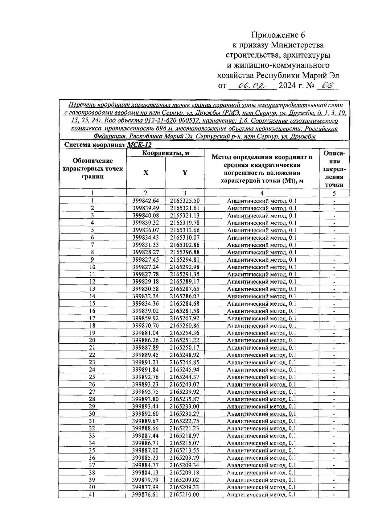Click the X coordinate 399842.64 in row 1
coord(146,201)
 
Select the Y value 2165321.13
coord(184,216)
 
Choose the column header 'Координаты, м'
coord(166,153)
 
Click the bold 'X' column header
coord(146,173)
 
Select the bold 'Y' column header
coord(185,173)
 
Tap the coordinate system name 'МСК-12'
coord(139,145)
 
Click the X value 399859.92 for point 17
coord(146,318)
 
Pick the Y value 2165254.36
coord(184,333)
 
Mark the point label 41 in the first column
coord(92,495)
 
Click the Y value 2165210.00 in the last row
coord(184,495)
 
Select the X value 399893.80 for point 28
coord(146,399)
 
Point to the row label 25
coord(92,377)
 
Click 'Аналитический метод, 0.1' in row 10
coord(261,267)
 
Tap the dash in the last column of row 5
coord(334,230)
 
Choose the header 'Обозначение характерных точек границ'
coord(92,168)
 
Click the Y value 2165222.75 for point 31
coord(184,421)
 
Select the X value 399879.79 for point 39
coord(146,480)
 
